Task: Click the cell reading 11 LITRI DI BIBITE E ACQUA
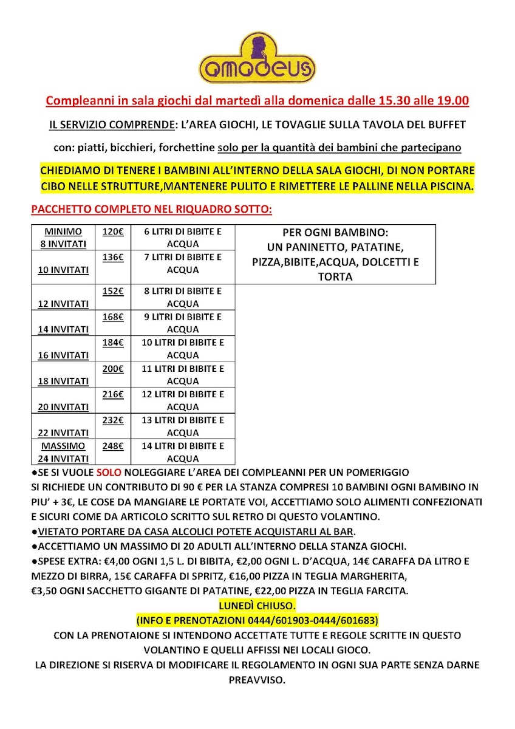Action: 183,375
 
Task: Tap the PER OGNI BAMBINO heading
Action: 335,233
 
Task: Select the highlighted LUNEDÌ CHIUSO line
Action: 257,606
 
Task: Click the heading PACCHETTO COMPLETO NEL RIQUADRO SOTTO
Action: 151,210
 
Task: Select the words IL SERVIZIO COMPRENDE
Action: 111,125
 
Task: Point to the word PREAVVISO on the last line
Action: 257,679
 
